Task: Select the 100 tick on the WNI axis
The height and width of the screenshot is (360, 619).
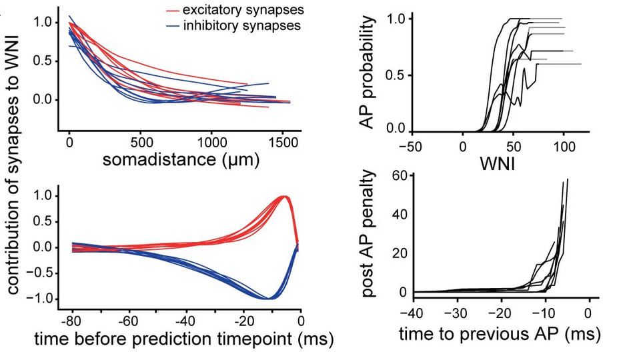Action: coord(564,146)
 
